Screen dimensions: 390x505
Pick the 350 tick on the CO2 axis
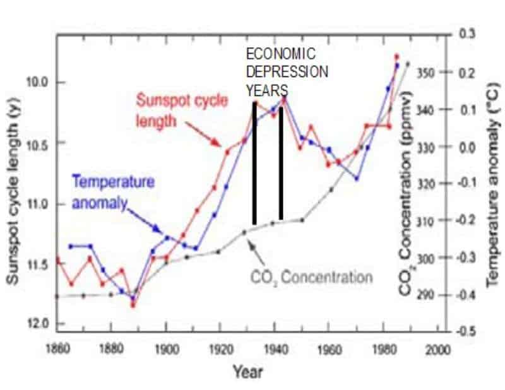[x=428, y=73]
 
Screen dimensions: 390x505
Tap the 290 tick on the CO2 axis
[x=428, y=295]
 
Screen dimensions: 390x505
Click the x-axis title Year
[x=247, y=372]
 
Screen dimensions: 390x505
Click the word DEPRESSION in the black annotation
[x=287, y=71]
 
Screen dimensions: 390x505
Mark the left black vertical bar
[x=254, y=163]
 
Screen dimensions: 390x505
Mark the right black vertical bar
[x=280, y=163]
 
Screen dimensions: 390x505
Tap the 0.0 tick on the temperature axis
[x=467, y=146]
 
